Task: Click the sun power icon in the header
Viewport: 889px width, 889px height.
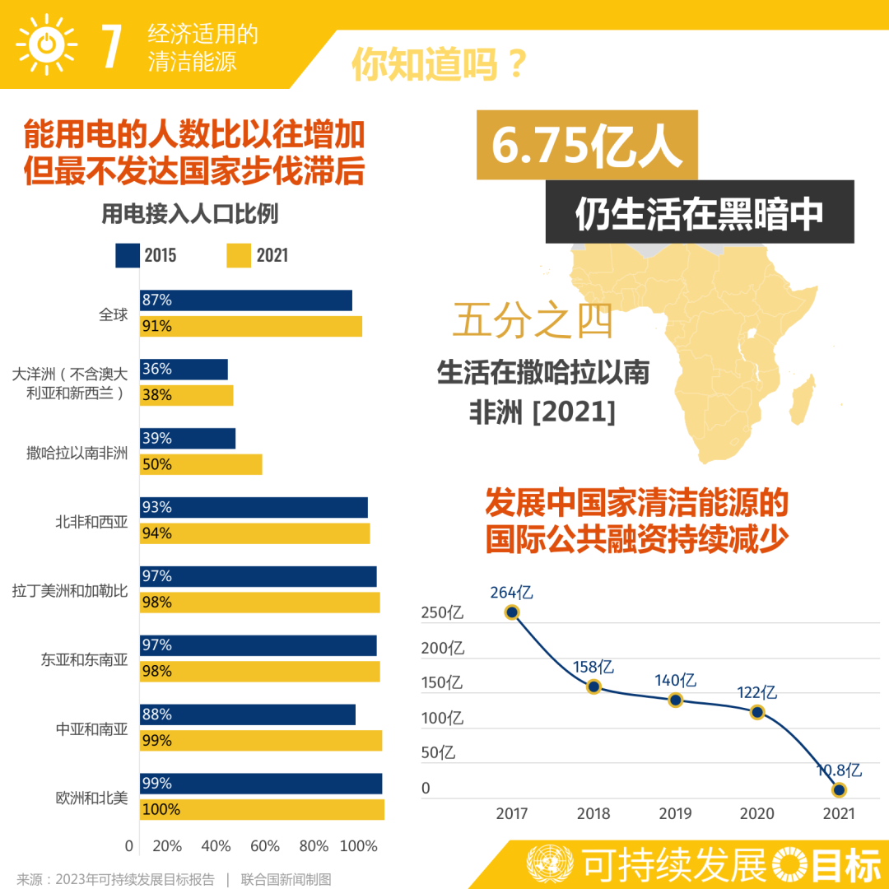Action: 46,44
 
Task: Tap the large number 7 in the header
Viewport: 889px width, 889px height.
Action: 112,46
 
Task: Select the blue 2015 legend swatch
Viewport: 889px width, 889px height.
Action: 128,255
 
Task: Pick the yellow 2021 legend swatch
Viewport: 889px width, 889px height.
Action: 239,255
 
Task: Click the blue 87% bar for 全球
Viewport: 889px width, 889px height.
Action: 246,300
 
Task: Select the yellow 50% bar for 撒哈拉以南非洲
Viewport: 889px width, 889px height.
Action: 202,464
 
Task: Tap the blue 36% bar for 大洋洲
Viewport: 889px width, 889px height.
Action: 184,369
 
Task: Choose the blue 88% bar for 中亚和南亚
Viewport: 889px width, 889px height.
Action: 248,714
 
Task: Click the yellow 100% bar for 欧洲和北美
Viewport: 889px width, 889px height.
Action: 262,810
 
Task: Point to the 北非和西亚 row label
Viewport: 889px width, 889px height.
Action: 91,522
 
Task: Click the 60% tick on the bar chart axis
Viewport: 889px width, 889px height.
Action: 265,846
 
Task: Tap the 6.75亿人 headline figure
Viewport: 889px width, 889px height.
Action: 586,145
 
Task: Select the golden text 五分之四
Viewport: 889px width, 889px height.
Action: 533,320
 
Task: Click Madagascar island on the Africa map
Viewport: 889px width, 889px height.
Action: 803,399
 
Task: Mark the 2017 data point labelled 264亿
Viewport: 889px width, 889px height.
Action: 512,612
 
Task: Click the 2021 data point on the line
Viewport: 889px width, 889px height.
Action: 839,789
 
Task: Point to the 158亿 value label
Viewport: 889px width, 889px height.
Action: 593,667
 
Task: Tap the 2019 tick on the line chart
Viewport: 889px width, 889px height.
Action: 675,813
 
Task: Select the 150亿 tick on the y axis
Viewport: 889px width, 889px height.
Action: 442,682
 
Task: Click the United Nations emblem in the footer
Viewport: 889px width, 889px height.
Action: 549,864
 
